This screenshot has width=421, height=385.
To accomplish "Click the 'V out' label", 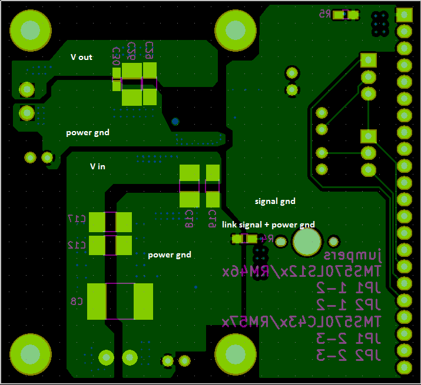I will coord(81,57).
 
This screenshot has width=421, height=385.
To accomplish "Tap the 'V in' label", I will coord(98,166).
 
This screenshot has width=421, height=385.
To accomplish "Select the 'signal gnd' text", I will coord(275,201).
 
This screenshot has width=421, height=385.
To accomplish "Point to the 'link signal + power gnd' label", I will coord(268,225).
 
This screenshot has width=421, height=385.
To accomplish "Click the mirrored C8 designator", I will coord(77,302).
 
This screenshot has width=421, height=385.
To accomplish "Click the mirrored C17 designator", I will coord(77,219).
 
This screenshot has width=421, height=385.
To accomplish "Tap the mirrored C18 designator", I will coord(189,217).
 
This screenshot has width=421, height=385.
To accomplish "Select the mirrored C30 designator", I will coord(116,56).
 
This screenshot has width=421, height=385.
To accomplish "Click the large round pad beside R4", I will coord(307,242).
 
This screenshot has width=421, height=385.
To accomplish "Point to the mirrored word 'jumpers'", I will coord(354,255).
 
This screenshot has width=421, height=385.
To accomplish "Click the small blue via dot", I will coord(175,122).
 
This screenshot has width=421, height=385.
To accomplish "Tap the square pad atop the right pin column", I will coord(405,14).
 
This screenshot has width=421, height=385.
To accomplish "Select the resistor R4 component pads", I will coord(244,239).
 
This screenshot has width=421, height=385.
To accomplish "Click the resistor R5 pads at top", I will coord(346,15).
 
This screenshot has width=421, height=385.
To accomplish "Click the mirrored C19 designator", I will coord(213,218).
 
